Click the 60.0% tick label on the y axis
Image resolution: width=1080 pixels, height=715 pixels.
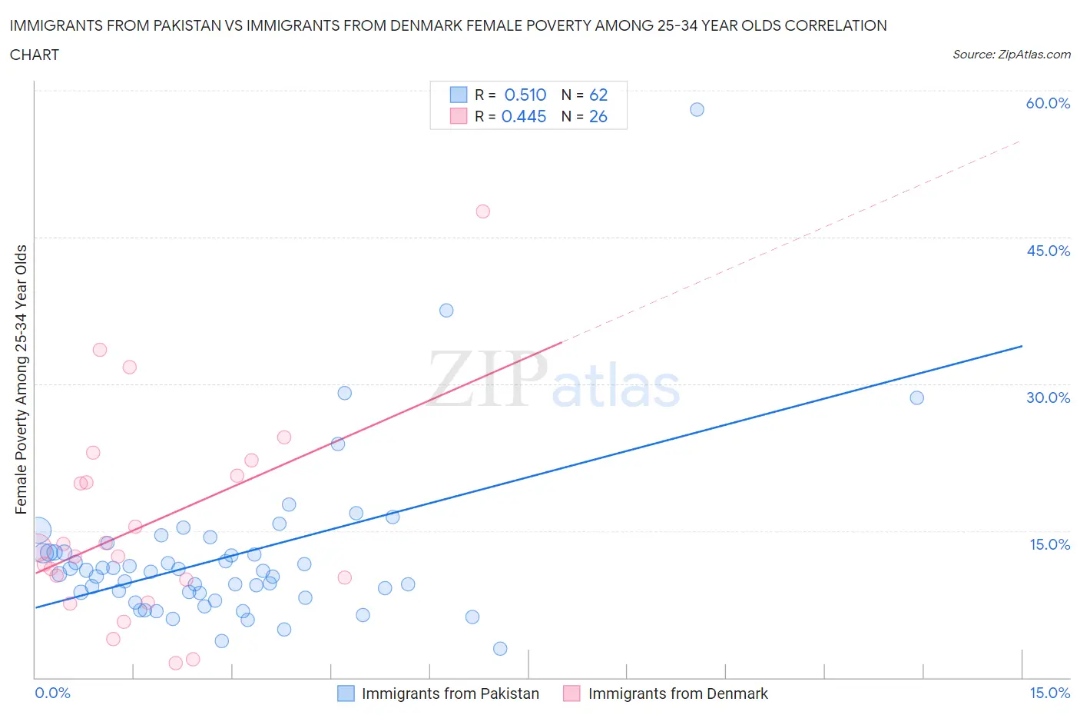point(1048,103)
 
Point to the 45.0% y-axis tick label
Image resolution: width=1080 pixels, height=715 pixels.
point(1048,251)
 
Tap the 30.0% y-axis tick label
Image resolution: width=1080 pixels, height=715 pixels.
point(1048,397)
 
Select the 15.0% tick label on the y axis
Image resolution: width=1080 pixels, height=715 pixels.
point(1049,544)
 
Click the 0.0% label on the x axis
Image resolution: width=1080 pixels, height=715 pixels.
point(52,693)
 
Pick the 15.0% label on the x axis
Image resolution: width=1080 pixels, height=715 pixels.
point(1049,693)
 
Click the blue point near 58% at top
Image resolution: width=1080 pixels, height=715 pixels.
point(697,109)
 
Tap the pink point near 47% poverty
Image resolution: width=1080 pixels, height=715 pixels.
point(482,211)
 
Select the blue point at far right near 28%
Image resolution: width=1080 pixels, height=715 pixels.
point(916,397)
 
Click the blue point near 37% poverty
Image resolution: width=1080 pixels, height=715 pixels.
point(446,311)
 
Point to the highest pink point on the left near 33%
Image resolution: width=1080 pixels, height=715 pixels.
point(100,350)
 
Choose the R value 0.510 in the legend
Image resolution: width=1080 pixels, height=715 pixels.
point(525,95)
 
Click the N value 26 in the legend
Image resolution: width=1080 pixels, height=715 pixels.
point(598,116)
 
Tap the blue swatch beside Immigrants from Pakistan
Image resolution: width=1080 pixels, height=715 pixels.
point(346,693)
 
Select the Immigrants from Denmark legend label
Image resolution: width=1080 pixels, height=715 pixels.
point(677,693)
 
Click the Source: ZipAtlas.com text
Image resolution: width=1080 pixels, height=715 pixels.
point(1011,55)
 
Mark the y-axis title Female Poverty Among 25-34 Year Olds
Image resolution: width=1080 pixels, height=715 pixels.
point(22,379)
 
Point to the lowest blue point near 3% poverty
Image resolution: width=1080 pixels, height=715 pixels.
point(500,648)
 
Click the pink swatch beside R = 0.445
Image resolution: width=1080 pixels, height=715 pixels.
point(459,116)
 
